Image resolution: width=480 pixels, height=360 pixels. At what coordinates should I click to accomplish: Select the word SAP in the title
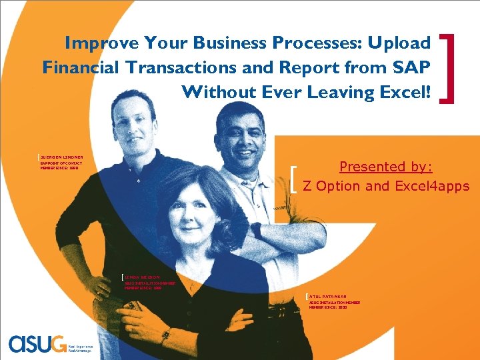point(413,67)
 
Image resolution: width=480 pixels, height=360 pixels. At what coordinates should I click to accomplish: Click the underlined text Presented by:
point(386,167)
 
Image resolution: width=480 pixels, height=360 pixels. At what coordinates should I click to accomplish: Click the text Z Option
point(332,186)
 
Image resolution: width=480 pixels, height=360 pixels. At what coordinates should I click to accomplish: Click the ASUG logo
point(37,343)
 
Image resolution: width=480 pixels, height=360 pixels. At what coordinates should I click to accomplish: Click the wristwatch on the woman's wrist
point(165,333)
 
